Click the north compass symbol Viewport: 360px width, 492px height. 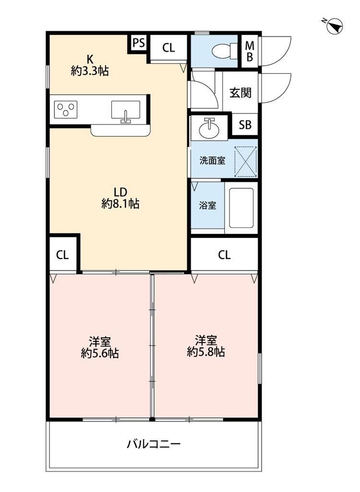point(334,25)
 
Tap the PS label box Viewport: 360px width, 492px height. point(138,44)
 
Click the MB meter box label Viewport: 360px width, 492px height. point(250,51)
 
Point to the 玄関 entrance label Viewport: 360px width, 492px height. point(240,93)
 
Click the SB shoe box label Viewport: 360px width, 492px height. point(245,125)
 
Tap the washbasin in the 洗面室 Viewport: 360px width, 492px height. point(209,129)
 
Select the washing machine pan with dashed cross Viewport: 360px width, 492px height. point(245,160)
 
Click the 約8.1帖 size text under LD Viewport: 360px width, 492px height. point(120,204)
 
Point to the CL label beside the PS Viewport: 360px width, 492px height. point(168,48)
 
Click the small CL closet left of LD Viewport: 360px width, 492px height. point(63,255)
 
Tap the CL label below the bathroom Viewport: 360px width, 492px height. point(224,255)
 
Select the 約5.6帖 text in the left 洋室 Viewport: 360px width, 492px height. point(100,354)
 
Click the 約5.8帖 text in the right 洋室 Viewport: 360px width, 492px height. point(206,352)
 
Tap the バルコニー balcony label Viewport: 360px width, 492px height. point(154,443)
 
